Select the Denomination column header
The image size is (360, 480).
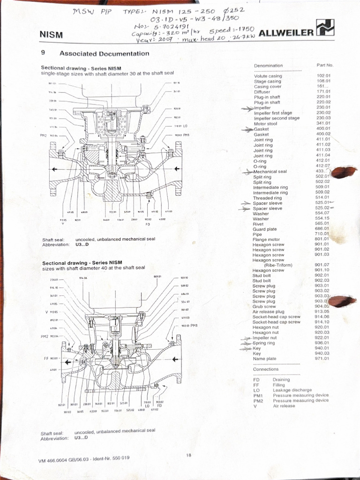[x=269, y=66]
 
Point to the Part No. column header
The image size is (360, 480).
[x=325, y=65]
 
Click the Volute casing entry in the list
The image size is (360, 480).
[x=268, y=76]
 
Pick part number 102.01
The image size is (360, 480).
[x=324, y=75]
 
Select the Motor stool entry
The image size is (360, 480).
[x=266, y=124]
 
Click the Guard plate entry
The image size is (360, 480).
[x=265, y=229]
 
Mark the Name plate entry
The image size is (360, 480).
[x=264, y=359]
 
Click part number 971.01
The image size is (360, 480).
[x=322, y=359]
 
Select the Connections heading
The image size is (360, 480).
[x=266, y=369]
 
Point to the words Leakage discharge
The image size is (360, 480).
[x=292, y=390]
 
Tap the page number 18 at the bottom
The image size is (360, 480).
[x=189, y=455]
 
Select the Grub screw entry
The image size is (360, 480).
[x=264, y=307]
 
